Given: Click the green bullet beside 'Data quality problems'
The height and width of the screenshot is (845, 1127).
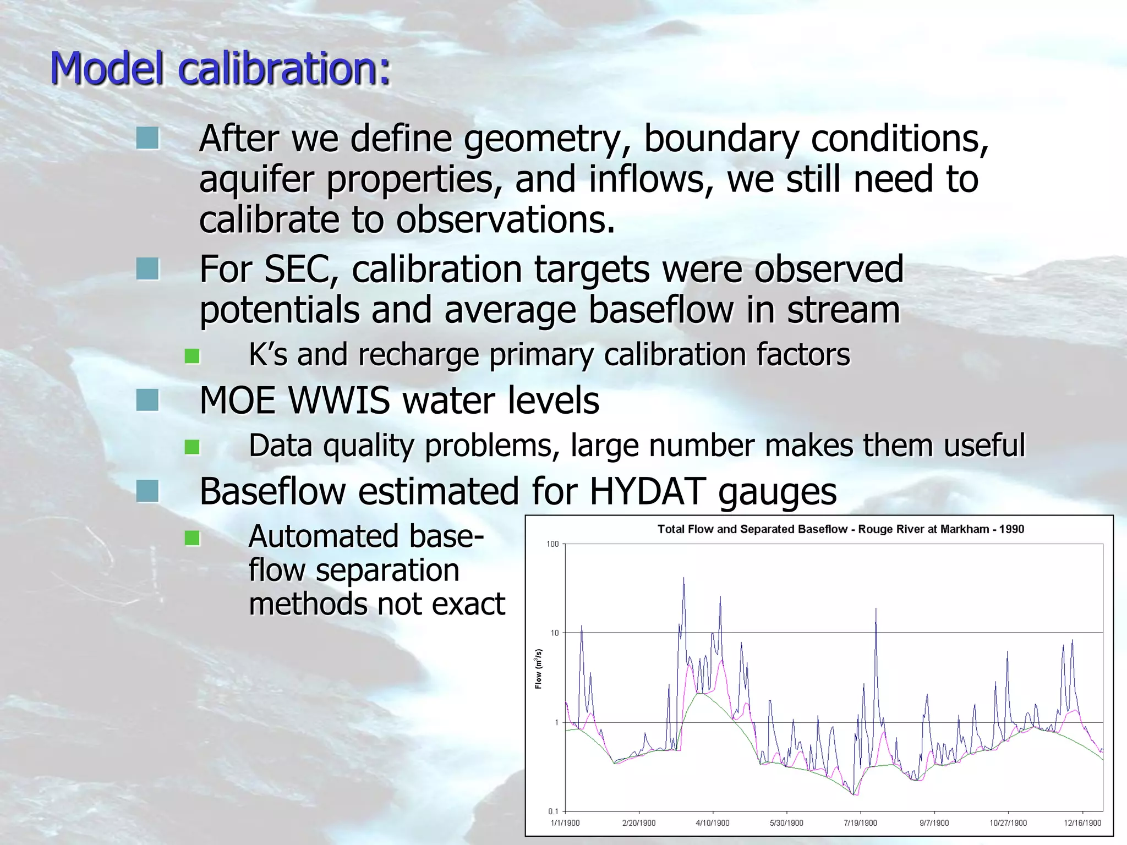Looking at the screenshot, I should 192,447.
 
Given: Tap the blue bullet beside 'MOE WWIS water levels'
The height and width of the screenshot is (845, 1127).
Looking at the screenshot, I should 147,400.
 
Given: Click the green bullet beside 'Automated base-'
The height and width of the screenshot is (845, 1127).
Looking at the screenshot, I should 192,537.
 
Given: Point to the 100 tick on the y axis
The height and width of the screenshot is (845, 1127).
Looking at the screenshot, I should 552,544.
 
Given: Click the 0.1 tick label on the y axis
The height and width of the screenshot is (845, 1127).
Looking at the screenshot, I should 553,811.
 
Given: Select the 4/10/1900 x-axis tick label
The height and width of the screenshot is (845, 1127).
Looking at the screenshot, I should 713,823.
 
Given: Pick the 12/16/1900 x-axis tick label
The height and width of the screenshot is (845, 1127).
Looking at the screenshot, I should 1082,823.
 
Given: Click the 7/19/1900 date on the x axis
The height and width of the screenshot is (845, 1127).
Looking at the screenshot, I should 860,823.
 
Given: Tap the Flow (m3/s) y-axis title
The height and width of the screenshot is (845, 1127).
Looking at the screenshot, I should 539,668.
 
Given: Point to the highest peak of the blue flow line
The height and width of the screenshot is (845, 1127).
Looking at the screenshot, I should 683,578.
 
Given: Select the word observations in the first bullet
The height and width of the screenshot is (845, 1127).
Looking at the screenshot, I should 504,220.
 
